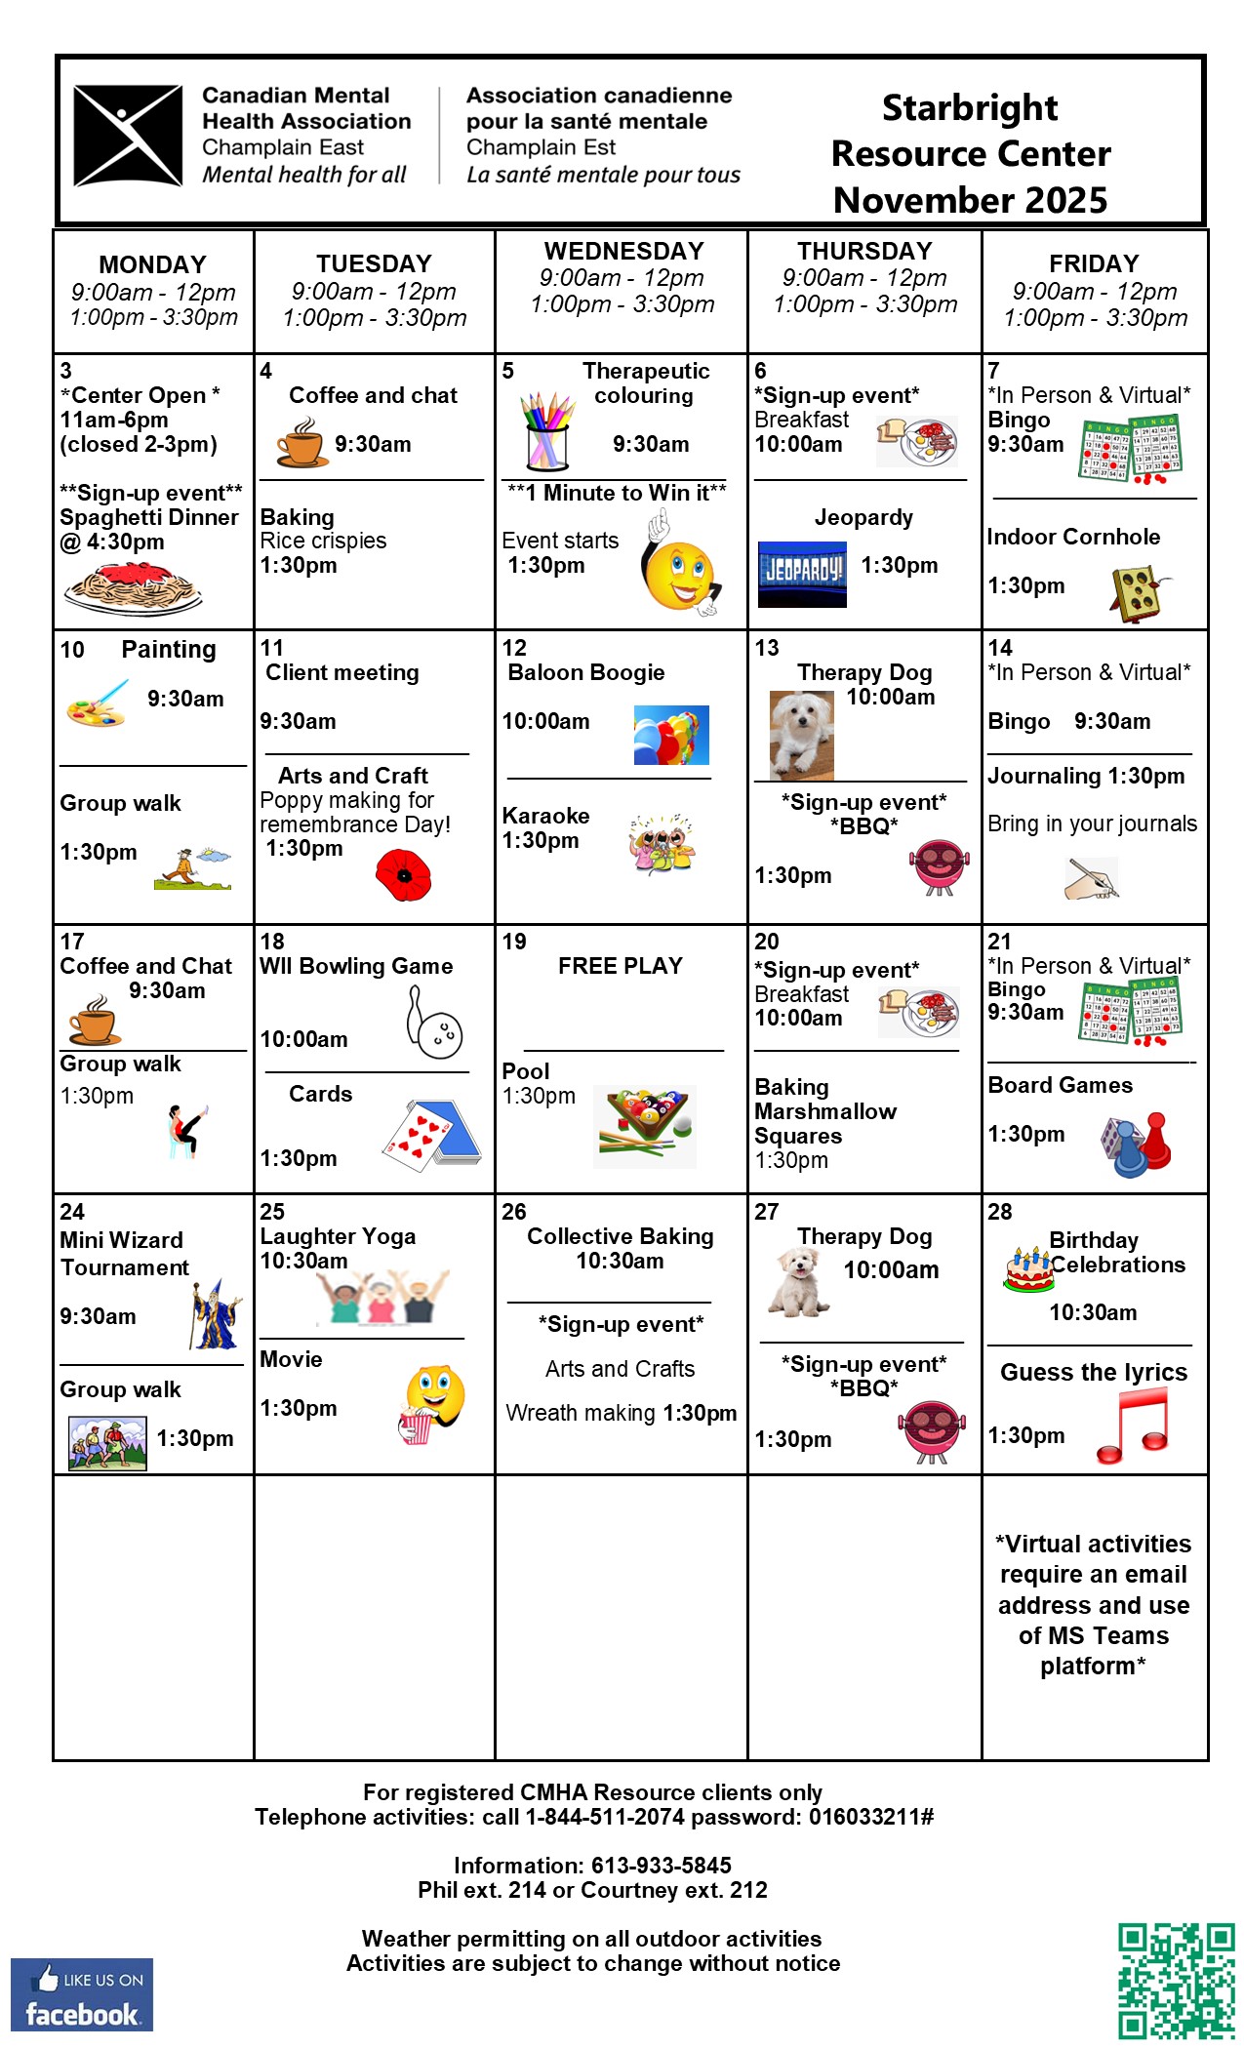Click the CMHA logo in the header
(x=128, y=136)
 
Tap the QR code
(x=1176, y=1981)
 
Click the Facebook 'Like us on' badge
(x=82, y=1994)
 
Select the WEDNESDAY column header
(x=623, y=252)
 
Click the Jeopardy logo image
(x=802, y=573)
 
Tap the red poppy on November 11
(x=404, y=873)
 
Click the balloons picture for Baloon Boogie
(x=671, y=735)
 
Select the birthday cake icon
(x=1028, y=1269)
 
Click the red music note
(x=1134, y=1426)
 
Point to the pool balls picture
(x=645, y=1126)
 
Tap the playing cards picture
(x=432, y=1133)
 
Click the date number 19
(x=514, y=942)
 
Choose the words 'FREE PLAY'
(x=620, y=966)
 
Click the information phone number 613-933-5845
(x=661, y=1866)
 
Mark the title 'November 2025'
(x=970, y=200)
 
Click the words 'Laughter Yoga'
(x=338, y=1236)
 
